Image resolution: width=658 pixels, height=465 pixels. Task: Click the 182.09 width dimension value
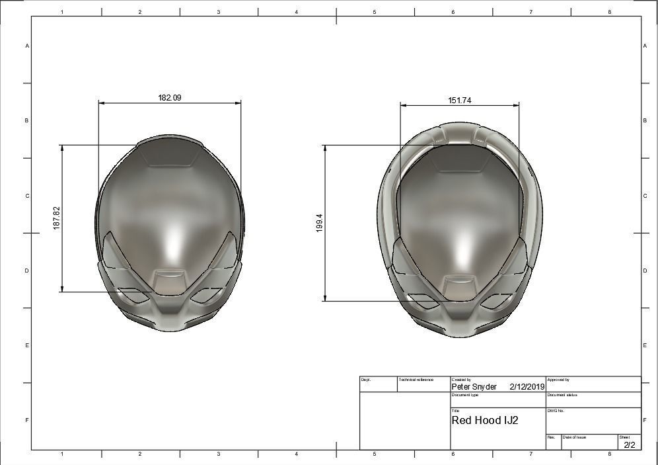click(x=169, y=98)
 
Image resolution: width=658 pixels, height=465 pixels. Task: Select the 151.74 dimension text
click(x=459, y=101)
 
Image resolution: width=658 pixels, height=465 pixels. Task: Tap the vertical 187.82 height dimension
click(x=57, y=218)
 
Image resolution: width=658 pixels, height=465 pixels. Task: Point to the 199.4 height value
click(x=320, y=223)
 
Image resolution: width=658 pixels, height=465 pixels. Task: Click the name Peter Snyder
click(x=474, y=386)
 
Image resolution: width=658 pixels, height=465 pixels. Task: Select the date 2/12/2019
click(x=527, y=386)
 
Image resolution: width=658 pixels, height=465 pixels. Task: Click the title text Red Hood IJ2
click(x=485, y=420)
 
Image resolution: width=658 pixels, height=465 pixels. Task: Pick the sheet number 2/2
click(x=629, y=444)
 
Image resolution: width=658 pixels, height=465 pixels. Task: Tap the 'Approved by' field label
click(x=558, y=380)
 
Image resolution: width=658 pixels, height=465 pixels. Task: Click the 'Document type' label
click(x=465, y=395)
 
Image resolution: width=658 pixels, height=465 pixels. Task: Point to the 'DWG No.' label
click(x=556, y=411)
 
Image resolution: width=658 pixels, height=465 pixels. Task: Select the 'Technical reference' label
click(x=417, y=380)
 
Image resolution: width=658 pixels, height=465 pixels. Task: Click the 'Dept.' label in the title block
click(x=366, y=380)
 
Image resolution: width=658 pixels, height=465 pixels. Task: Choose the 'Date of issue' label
click(x=574, y=437)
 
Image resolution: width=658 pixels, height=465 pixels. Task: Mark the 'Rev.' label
click(x=551, y=437)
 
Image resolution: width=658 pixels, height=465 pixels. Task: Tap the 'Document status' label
click(x=562, y=395)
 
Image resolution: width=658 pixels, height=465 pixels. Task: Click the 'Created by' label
click(x=461, y=380)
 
